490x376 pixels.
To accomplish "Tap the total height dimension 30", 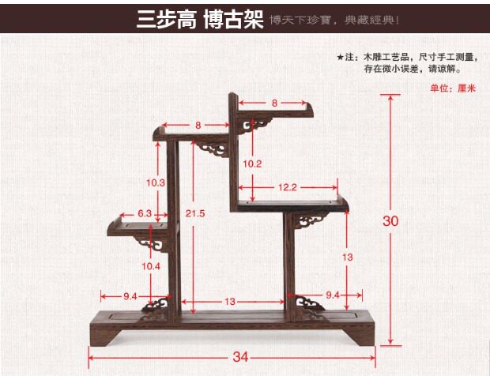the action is tap(390, 221).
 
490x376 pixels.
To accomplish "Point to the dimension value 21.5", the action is tap(195, 214).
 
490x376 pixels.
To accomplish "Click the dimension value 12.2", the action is tap(286, 187).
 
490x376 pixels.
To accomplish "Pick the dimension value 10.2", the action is tap(252, 164).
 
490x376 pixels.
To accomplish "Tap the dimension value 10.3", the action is tap(156, 182).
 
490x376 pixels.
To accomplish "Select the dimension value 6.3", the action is tap(145, 213).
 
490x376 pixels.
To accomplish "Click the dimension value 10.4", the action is tap(153, 265).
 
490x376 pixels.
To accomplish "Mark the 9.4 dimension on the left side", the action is tap(130, 295).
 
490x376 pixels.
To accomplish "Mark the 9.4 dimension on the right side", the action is tap(332, 295).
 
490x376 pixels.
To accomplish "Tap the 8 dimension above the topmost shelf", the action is tap(274, 103).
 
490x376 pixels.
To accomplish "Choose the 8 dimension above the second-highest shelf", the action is tap(197, 125).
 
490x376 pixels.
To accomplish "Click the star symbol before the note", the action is tap(340, 58).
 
